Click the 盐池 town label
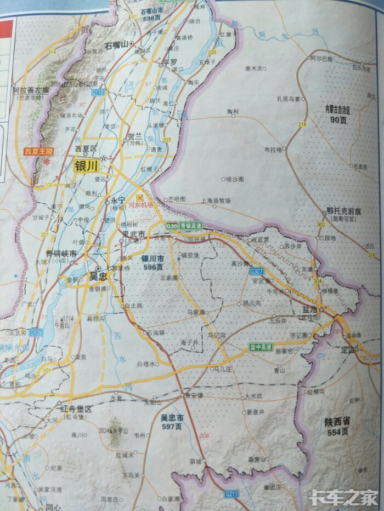(x=310, y=309)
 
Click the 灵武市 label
(x=134, y=234)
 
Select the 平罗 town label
(x=170, y=62)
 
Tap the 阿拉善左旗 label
(x=31, y=89)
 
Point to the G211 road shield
(x=232, y=494)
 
